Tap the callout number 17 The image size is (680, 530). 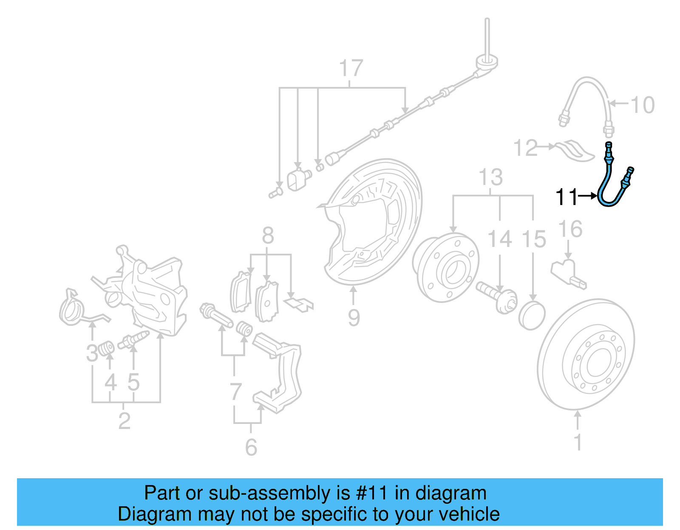[351, 68]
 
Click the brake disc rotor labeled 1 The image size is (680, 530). [586, 354]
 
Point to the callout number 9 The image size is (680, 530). [354, 317]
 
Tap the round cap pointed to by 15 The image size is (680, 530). [532, 316]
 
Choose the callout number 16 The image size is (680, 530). [570, 229]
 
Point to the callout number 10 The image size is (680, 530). [642, 105]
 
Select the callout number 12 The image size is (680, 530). [525, 148]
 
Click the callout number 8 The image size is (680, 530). [268, 235]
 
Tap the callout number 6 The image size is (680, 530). [251, 447]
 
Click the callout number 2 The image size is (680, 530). [124, 421]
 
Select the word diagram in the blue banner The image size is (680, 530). [451, 493]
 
